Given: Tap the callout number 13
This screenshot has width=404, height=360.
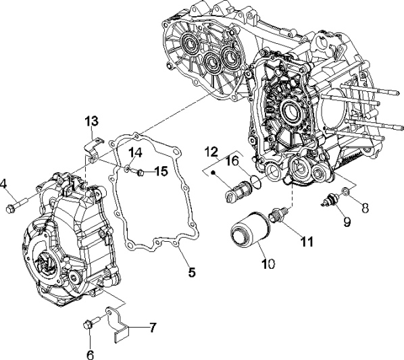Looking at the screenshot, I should [91, 121].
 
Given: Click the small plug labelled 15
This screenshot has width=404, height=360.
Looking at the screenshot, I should [140, 174].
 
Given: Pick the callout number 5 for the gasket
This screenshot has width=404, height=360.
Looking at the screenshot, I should [191, 273].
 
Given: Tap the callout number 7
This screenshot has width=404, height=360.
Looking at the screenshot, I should [153, 328].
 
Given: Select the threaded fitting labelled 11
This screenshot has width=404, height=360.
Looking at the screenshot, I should [278, 216].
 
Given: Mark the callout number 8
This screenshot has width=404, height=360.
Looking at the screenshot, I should [365, 209].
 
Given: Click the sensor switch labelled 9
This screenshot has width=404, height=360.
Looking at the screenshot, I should [330, 200].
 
